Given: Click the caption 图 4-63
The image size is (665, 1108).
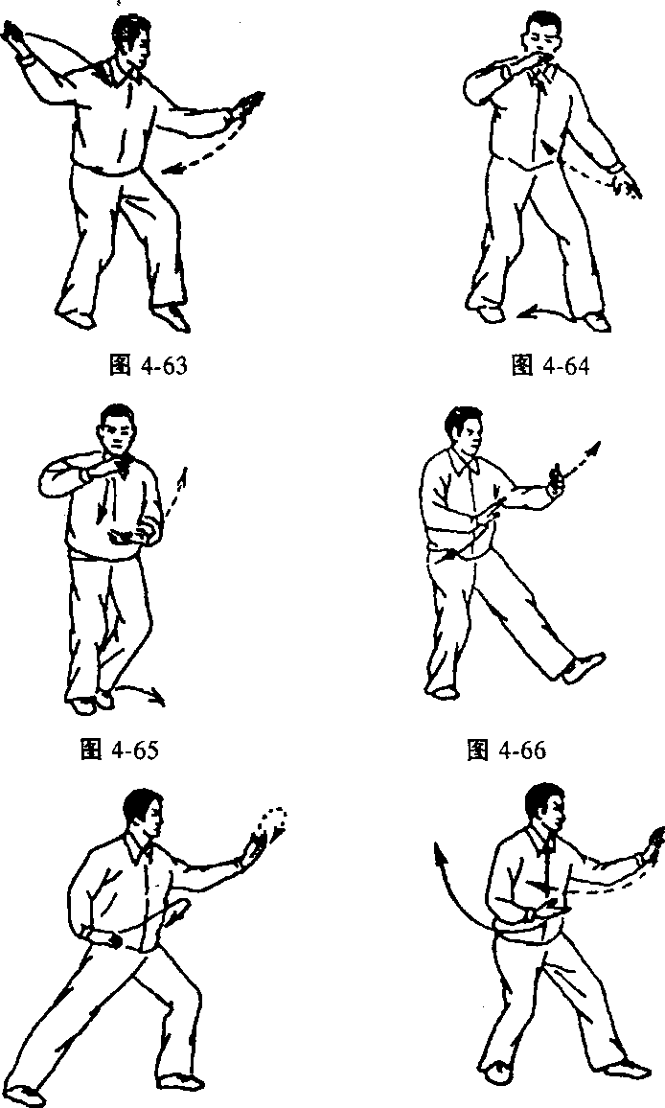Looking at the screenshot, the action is click(149, 366).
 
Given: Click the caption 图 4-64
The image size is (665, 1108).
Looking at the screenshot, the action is click(550, 365).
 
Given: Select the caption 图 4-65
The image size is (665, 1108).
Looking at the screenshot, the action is click(120, 749).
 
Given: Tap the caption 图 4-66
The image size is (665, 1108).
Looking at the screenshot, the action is click(507, 750).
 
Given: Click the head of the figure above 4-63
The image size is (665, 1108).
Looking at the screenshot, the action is click(130, 40).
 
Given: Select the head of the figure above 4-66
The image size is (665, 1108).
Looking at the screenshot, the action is click(465, 432).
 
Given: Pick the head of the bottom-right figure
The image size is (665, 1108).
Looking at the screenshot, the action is click(545, 810).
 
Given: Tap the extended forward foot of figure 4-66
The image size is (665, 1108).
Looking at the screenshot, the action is click(584, 666).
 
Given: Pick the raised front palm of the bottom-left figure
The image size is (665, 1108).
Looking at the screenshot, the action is click(253, 848).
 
